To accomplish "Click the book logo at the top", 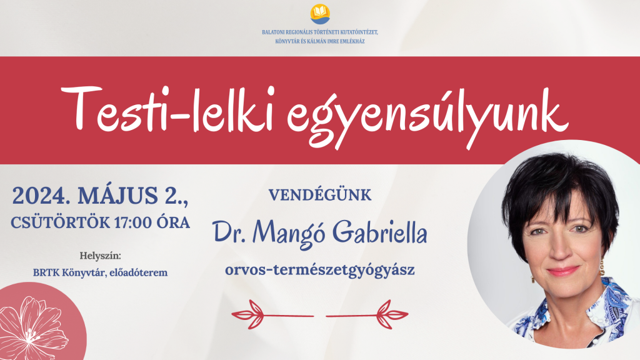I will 320,13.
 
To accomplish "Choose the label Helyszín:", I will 100,256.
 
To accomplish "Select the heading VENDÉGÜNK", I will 320,195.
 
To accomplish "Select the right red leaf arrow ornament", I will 368,311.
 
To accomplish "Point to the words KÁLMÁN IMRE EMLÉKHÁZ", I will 337,41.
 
